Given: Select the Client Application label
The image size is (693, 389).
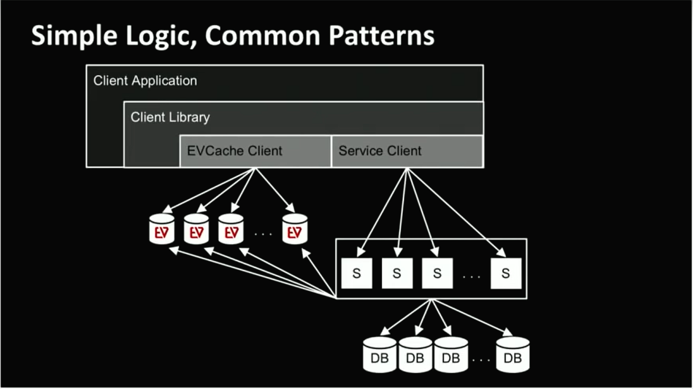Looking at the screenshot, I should pyautogui.click(x=145, y=81).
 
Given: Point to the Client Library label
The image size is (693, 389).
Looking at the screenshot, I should pyautogui.click(x=170, y=117).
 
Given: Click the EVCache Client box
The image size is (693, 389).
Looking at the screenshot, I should pyautogui.click(x=255, y=151).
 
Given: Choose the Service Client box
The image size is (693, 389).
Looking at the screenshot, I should pyautogui.click(x=407, y=151).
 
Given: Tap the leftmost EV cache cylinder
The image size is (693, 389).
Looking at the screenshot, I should pyautogui.click(x=162, y=229).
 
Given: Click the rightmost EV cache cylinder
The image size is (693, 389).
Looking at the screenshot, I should pyautogui.click(x=294, y=229).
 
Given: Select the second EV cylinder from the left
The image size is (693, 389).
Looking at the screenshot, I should pyautogui.click(x=196, y=229).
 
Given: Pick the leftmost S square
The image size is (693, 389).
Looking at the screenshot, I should pyautogui.click(x=357, y=273).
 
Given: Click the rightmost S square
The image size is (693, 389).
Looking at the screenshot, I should pyautogui.click(x=506, y=273).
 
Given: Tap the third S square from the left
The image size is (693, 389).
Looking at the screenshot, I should pyautogui.click(x=437, y=273).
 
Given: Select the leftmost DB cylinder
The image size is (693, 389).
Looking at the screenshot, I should pyautogui.click(x=380, y=354).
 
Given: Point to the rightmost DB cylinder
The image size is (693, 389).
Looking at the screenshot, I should pyautogui.click(x=513, y=354).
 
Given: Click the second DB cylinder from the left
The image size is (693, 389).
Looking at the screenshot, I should pyautogui.click(x=415, y=354).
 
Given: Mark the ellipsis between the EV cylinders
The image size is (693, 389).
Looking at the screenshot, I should pyautogui.click(x=263, y=233).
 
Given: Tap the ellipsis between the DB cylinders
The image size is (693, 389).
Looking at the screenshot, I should pyautogui.click(x=482, y=360).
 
